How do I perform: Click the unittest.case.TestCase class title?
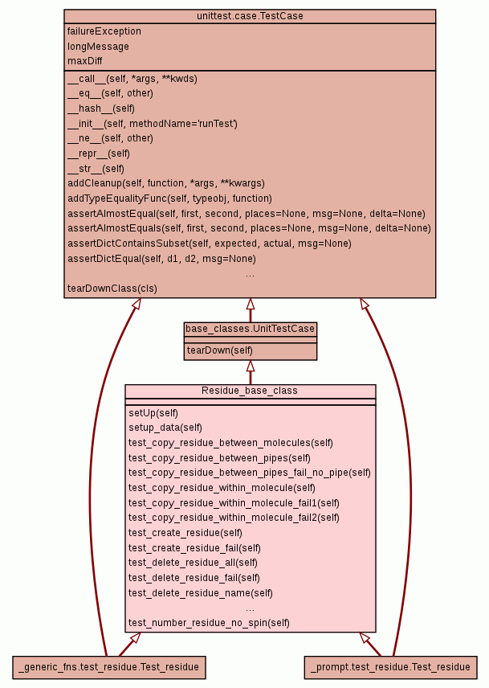250,16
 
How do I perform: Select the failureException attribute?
104,31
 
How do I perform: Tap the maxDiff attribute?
85,61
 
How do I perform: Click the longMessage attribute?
98,47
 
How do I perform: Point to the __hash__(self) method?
101,109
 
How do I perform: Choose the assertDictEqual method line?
161,259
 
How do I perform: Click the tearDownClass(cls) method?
112,289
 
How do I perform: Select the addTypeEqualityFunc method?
169,199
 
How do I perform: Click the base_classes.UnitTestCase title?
250,329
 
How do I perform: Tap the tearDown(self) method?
219,350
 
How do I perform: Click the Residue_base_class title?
250,391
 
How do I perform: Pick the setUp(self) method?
153,413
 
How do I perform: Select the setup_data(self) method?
165,428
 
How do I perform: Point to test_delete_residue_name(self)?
201,593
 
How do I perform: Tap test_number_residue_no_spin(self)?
209,623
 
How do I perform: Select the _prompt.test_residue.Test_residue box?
390,667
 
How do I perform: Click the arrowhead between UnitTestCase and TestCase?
250,304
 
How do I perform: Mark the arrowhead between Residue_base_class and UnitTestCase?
250,366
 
